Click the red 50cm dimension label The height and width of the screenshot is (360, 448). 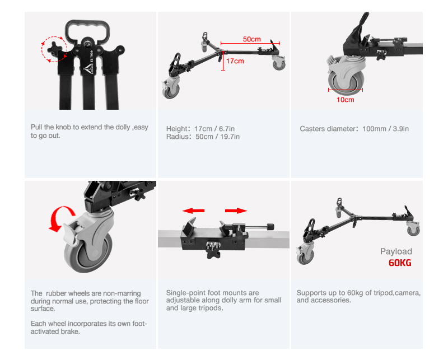coord(251,39)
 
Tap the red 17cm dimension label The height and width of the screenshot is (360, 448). coord(235,61)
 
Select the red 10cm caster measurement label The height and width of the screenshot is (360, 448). coord(345,100)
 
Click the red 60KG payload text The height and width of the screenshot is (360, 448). coord(400,263)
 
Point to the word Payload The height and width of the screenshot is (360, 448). coord(396,251)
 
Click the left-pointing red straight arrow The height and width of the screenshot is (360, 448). coord(193,211)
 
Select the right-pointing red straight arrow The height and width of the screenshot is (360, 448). coord(236,211)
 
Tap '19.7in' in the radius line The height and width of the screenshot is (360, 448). coord(230,137)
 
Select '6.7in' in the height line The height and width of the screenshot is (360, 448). coord(227,129)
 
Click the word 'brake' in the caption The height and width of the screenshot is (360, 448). coord(72,331)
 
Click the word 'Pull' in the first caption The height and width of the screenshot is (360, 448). coord(36,127)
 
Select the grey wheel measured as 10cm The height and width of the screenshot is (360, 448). coord(346,81)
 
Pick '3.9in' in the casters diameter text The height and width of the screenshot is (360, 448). coord(400,129)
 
